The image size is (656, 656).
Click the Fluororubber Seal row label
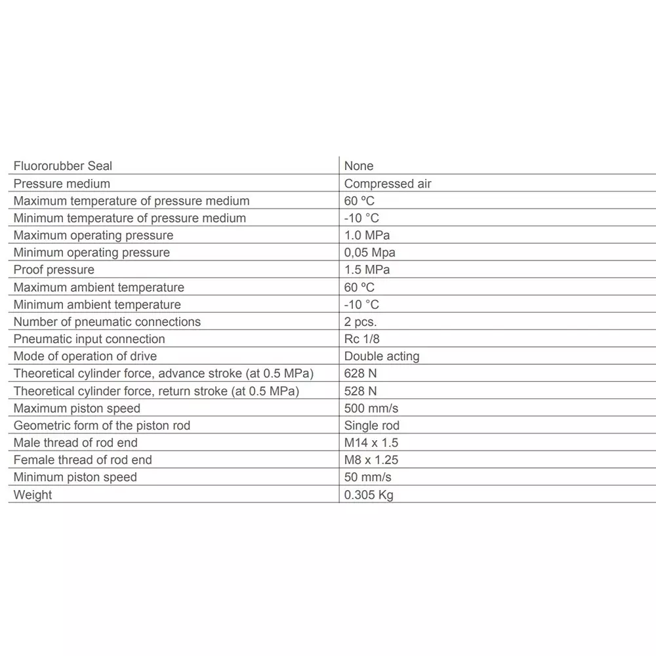pyautogui.click(x=63, y=167)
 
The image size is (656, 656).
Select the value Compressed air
pyautogui.click(x=388, y=184)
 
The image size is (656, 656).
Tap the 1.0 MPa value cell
pyautogui.click(x=367, y=236)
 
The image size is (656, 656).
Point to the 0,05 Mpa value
pyautogui.click(x=369, y=253)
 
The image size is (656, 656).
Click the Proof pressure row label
pyautogui.click(x=54, y=270)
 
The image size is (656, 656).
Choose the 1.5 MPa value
pyautogui.click(x=367, y=270)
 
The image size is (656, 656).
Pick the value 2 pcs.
pyautogui.click(x=360, y=321)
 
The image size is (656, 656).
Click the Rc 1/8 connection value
pyautogui.click(x=361, y=339)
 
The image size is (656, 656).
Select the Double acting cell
pyautogui.click(x=382, y=356)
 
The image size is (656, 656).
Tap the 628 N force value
pyautogui.click(x=360, y=373)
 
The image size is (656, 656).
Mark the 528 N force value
pyautogui.click(x=360, y=391)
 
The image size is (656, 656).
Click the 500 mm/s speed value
pyautogui.click(x=371, y=408)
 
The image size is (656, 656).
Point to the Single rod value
pyautogui.click(x=372, y=426)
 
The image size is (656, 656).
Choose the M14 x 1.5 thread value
pyautogui.click(x=371, y=443)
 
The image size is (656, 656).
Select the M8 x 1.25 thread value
pyautogui.click(x=371, y=460)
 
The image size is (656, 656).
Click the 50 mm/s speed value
pyautogui.click(x=367, y=477)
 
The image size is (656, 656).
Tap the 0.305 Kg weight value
pyautogui.click(x=369, y=495)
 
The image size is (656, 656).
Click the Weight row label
pyautogui.click(x=33, y=495)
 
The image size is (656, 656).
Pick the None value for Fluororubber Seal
pyautogui.click(x=359, y=167)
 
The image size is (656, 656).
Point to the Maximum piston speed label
pyautogui.click(x=77, y=408)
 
